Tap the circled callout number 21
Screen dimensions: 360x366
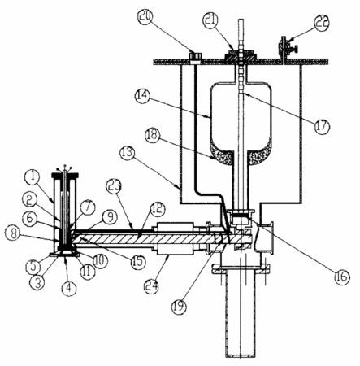211,20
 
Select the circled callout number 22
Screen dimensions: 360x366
322,23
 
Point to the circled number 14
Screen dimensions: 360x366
142,95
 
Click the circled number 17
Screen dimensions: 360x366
321,126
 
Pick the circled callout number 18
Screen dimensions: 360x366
153,134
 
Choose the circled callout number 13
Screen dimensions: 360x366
128,152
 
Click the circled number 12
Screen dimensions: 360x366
158,208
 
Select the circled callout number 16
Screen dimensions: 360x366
341,277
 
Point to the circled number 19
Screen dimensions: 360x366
179,306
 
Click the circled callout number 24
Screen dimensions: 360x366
151,285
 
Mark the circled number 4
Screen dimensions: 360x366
69,288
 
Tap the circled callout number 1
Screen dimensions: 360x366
33,176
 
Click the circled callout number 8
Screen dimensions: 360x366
13,233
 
